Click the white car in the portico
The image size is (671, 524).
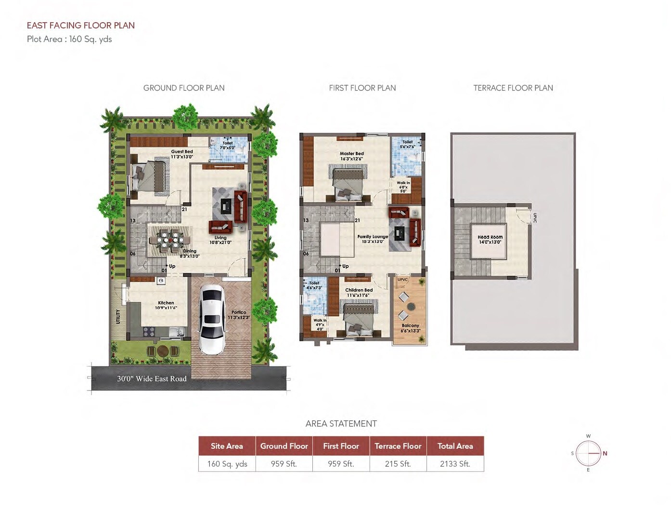point(212,319)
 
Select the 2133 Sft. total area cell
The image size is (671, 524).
point(455,464)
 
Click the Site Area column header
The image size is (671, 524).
point(227,446)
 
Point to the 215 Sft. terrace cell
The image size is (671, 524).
point(398,464)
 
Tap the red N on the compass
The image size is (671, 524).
point(605,453)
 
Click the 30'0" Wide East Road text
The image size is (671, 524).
point(152,379)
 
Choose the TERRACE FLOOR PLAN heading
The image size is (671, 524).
point(513,88)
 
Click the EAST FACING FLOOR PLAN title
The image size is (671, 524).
point(81,26)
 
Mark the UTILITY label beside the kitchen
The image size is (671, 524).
point(118,317)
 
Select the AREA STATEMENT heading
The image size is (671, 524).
point(341,424)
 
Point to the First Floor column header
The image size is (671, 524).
point(341,446)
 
